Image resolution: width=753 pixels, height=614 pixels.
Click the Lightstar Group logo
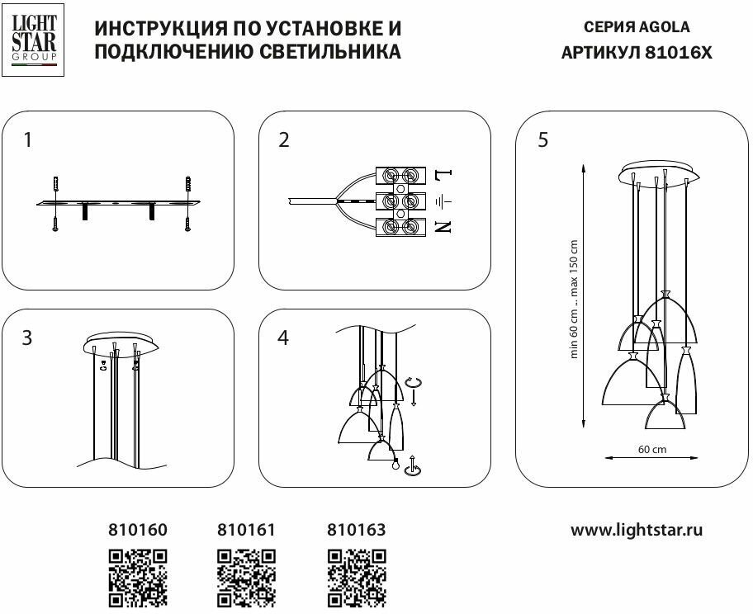pyautogui.click(x=32, y=40)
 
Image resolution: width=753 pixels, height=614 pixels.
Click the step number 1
pyautogui.click(x=29, y=140)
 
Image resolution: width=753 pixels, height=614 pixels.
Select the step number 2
pyautogui.click(x=284, y=140)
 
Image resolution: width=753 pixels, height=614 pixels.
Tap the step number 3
pyautogui.click(x=29, y=338)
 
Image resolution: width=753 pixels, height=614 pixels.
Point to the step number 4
pyautogui.click(x=284, y=338)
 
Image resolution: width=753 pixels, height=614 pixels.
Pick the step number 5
pyautogui.click(x=542, y=140)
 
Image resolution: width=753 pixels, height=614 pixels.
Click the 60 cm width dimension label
pyautogui.click(x=652, y=450)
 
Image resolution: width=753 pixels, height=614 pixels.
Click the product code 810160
pyautogui.click(x=137, y=530)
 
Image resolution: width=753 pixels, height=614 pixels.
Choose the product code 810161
pyautogui.click(x=246, y=530)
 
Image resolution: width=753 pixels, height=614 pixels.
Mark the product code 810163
pyautogui.click(x=357, y=530)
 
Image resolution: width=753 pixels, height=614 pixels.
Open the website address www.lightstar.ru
pyautogui.click(x=637, y=530)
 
